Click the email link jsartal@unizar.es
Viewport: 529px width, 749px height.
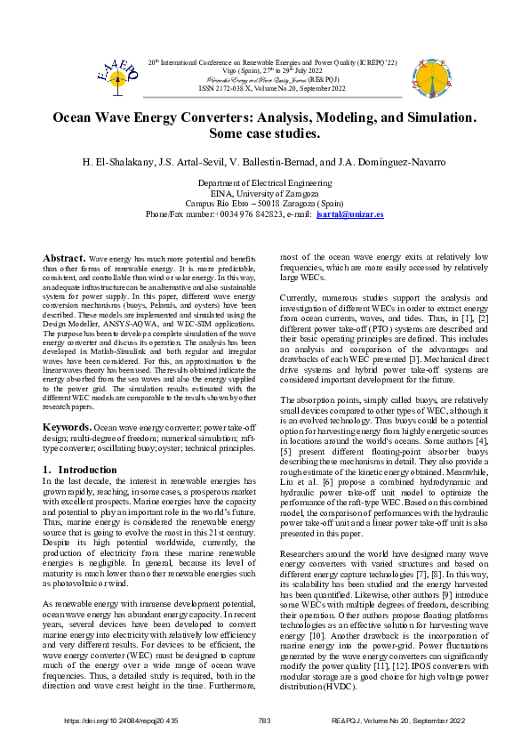pyautogui.click(x=349, y=215)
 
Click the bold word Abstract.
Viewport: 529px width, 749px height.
pyautogui.click(x=64, y=257)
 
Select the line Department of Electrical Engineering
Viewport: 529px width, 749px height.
pyautogui.click(x=264, y=182)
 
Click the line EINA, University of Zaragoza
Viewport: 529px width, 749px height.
pyautogui.click(x=264, y=193)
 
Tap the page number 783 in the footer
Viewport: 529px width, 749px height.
pyautogui.click(x=263, y=720)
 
